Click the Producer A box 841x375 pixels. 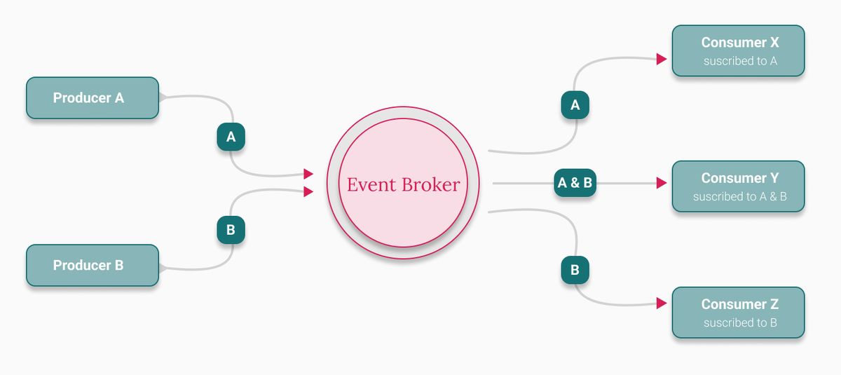tap(93, 98)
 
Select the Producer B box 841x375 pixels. tap(93, 266)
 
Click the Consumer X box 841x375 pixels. tap(738, 50)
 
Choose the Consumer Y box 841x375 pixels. tap(738, 186)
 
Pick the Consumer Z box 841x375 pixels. tap(738, 313)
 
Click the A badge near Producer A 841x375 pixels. tap(231, 137)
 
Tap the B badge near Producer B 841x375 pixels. tap(231, 229)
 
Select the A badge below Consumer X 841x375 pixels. tap(575, 105)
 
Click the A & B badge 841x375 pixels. tap(575, 184)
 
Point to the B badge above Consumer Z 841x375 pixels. tap(575, 270)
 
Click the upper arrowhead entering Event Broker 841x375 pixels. tap(308, 174)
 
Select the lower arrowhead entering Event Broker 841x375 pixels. tap(308, 191)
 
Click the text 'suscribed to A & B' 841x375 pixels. tap(739, 197)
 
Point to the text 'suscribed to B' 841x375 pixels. tap(740, 323)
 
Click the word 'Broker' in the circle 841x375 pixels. tap(430, 184)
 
